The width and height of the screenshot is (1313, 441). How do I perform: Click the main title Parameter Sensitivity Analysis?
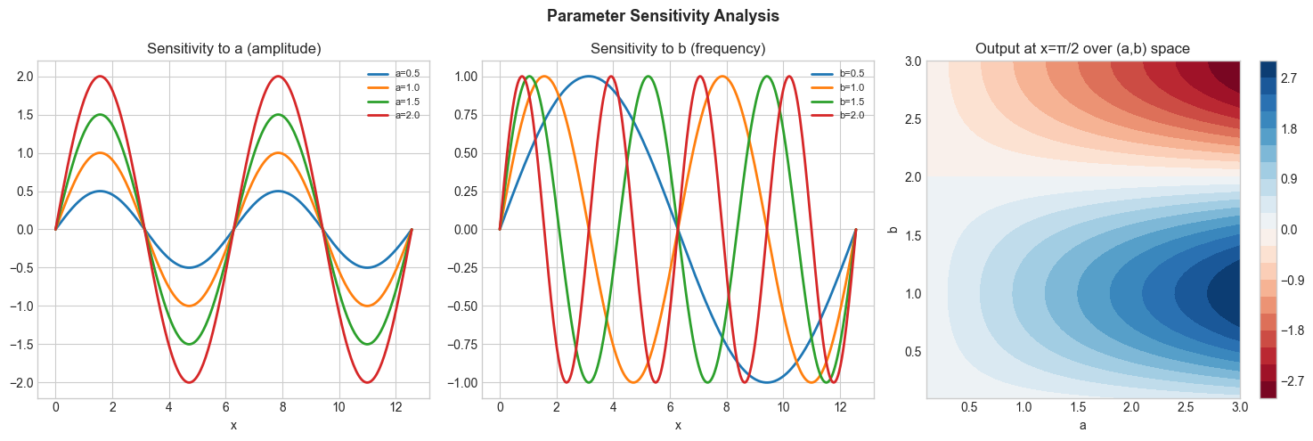[x=656, y=15]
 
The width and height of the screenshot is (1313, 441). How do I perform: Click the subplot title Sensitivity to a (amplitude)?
[x=233, y=50]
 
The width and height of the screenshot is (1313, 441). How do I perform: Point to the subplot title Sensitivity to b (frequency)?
[x=678, y=50]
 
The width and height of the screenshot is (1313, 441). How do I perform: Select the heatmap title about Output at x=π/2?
[x=1083, y=50]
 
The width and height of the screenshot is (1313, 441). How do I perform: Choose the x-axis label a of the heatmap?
[x=1083, y=425]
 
